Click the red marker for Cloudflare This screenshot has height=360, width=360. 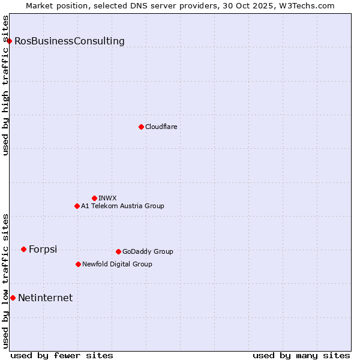141,127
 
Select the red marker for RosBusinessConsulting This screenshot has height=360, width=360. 10,41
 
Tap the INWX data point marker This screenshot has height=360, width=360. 94,198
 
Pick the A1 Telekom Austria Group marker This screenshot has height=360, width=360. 77,206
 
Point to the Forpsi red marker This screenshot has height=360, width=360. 23,249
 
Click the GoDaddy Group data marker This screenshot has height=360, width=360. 118,251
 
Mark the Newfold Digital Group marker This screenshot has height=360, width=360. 78,264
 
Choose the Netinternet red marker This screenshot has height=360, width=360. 13,298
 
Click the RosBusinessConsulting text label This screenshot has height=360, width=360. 70,41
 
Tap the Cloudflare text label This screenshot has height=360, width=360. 161,127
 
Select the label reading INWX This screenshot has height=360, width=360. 107,198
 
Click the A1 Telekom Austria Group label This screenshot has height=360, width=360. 122,206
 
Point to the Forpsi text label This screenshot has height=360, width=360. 43,250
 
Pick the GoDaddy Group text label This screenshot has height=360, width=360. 148,251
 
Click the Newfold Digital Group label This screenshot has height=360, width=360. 117,264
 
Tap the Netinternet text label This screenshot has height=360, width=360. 46,298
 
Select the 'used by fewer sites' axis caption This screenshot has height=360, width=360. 62,355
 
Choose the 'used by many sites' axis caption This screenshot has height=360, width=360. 301,355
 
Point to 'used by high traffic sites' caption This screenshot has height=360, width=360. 5,85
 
